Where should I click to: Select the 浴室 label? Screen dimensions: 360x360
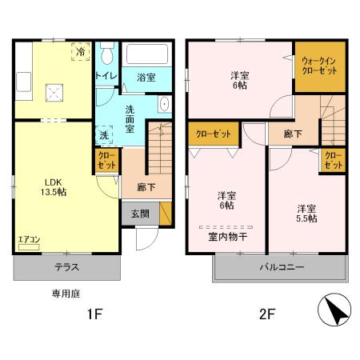pyautogui.click(x=145, y=77)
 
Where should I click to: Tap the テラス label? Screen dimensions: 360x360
pyautogui.click(x=66, y=266)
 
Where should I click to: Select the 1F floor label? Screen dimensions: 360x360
pyautogui.click(x=94, y=314)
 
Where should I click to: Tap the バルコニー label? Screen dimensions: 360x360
pyautogui.click(x=280, y=267)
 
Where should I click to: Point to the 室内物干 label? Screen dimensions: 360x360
pyautogui.click(x=227, y=236)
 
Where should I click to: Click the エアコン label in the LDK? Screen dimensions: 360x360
pyautogui.click(x=28, y=239)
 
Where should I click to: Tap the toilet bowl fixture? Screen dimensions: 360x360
pyautogui.click(x=106, y=54)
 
